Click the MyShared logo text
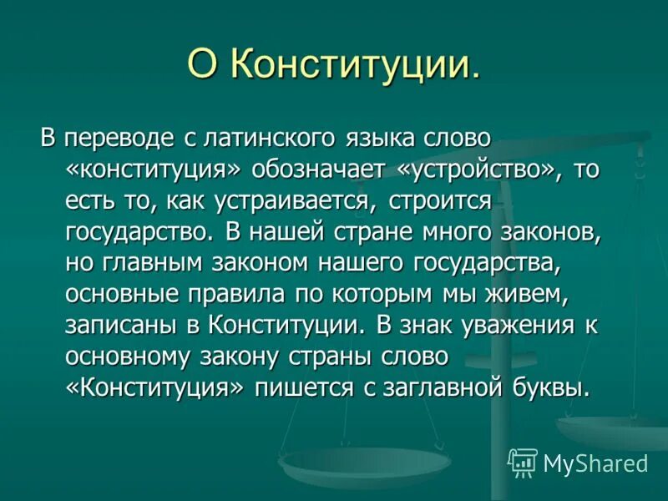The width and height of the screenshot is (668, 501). tap(594, 463)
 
